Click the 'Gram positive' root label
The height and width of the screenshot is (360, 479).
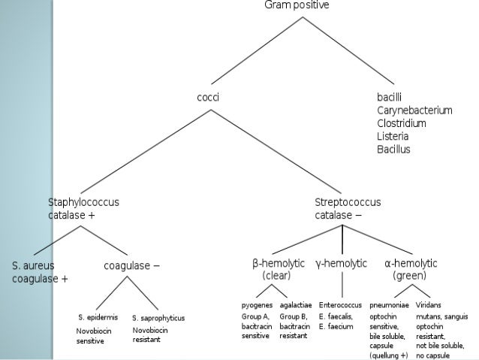(297, 5)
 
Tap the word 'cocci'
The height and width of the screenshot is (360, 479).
(208, 97)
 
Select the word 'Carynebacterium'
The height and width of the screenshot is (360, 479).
(414, 110)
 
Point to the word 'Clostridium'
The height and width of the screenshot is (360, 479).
(402, 123)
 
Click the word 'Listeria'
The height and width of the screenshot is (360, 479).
(394, 136)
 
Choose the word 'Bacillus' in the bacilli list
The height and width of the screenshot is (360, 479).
(394, 149)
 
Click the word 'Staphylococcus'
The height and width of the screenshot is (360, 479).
(83, 202)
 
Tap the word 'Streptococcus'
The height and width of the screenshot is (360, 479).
(348, 202)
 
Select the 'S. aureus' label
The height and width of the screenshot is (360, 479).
(33, 265)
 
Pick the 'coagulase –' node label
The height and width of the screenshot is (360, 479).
(131, 265)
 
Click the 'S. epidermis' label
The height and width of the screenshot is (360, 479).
(98, 318)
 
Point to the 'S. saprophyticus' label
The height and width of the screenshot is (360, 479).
(158, 318)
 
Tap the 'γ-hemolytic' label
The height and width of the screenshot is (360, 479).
(342, 264)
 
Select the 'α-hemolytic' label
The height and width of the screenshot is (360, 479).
(411, 264)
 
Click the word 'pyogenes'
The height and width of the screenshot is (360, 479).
(257, 307)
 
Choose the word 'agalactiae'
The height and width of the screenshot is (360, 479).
(297, 307)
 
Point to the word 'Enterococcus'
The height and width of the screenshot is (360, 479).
(341, 307)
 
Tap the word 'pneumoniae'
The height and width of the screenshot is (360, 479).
(389, 307)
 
